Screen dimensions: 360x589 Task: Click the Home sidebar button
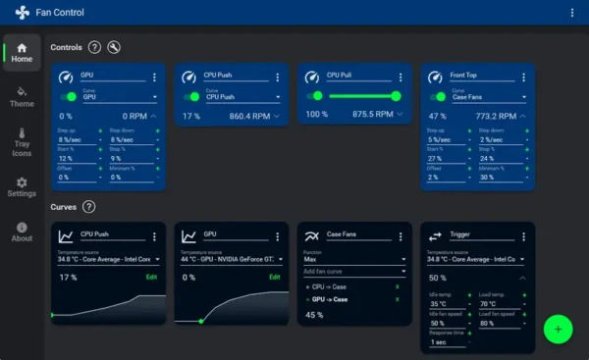click(22, 52)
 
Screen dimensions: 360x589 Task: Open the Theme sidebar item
click(22, 96)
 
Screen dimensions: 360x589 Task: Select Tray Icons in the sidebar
click(22, 141)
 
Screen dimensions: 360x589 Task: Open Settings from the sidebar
click(22, 186)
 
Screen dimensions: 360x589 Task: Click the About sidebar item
click(22, 231)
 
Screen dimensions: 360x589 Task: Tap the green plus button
click(558, 329)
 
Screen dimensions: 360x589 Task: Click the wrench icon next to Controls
click(114, 47)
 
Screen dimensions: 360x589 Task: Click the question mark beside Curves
click(89, 207)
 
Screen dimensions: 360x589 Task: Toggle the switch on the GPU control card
click(70, 96)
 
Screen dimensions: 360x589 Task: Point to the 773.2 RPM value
click(497, 116)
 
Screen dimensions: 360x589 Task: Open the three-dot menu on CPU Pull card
click(401, 77)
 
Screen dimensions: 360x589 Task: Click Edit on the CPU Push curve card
click(151, 278)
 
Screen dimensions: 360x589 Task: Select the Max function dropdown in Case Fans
click(354, 259)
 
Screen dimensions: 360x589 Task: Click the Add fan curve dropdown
click(354, 271)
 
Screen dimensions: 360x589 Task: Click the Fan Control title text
click(60, 13)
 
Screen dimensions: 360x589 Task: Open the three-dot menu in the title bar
click(572, 13)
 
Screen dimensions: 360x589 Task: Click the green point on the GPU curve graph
click(200, 320)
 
